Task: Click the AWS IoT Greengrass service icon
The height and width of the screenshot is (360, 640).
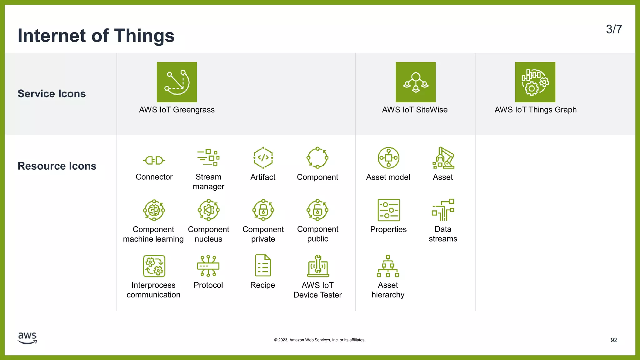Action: (177, 82)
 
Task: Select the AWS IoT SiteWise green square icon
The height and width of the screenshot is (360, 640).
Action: (415, 82)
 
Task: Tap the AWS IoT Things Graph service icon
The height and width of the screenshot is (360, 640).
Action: (535, 82)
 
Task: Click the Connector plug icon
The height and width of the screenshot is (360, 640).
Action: (154, 160)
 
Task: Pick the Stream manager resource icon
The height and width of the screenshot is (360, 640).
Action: (208, 157)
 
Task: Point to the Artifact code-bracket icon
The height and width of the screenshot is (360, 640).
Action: (263, 157)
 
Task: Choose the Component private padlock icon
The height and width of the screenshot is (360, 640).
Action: (263, 210)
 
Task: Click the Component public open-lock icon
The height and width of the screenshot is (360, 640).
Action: (317, 210)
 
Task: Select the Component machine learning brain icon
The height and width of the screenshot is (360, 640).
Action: (154, 210)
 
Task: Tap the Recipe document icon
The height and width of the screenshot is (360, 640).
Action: (263, 266)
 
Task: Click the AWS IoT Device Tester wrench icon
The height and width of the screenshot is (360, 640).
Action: (318, 266)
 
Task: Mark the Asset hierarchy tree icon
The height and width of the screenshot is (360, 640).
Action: (388, 266)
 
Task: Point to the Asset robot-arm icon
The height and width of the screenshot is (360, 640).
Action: (443, 158)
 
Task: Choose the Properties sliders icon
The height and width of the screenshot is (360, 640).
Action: (388, 210)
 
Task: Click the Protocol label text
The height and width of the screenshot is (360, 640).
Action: (208, 285)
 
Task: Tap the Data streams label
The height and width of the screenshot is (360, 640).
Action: (443, 234)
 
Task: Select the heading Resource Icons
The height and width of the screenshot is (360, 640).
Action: (57, 166)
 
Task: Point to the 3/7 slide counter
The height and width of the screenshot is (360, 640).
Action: (614, 29)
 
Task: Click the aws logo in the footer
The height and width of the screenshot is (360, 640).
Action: (27, 338)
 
